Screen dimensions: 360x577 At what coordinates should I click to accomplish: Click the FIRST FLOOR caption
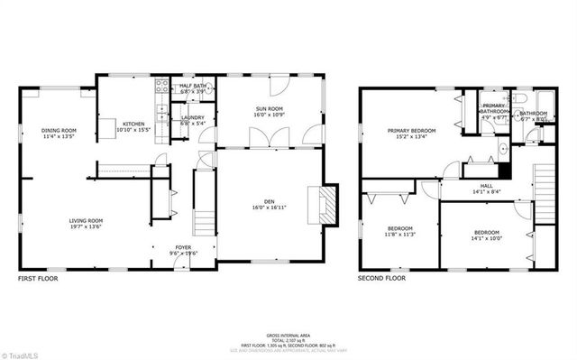pyautogui.click(x=38, y=280)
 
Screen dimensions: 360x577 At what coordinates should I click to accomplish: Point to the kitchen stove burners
pyautogui.click(x=162, y=87)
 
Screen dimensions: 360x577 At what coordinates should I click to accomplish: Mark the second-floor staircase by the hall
pyautogui.click(x=544, y=192)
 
